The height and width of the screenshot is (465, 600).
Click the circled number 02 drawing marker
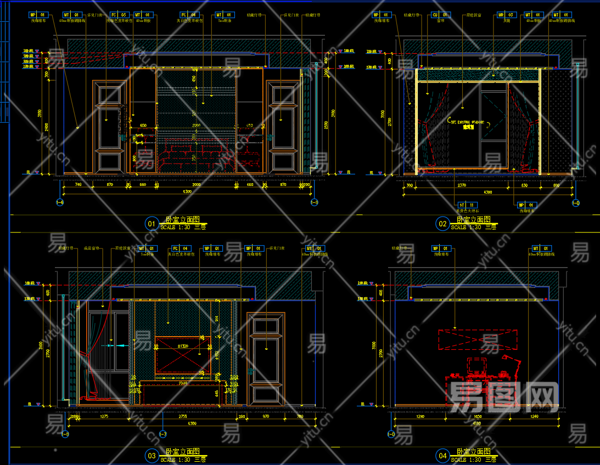(x=442, y=223)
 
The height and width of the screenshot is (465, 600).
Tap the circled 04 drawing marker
(x=442, y=455)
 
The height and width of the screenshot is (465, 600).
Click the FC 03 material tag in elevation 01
(x=119, y=15)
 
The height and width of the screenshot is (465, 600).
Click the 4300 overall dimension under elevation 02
(x=487, y=192)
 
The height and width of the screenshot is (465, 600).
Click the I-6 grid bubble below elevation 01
(x=60, y=203)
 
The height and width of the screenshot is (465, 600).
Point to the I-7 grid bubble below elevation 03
(x=163, y=434)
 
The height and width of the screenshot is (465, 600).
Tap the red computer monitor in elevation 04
(x=476, y=364)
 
